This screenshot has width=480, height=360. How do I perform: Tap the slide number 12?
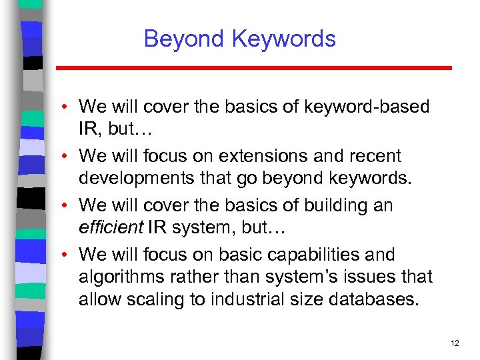[x=455, y=343]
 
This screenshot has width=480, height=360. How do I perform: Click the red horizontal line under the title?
[x=253, y=68]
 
